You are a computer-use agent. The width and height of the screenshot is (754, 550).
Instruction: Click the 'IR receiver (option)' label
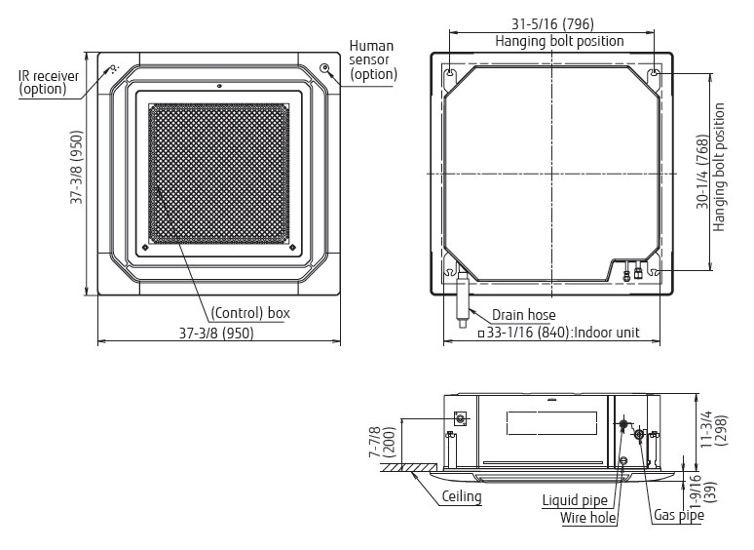click(49, 83)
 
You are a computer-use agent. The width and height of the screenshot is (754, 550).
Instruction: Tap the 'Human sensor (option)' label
click(373, 60)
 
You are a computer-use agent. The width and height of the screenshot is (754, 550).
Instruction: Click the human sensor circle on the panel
click(325, 67)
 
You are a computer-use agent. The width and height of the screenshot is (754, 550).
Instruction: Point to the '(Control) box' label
click(250, 313)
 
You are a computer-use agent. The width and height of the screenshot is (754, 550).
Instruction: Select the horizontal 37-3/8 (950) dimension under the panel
click(216, 333)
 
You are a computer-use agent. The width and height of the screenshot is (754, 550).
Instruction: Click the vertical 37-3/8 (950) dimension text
click(76, 167)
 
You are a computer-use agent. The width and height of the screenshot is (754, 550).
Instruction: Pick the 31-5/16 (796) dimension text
click(552, 23)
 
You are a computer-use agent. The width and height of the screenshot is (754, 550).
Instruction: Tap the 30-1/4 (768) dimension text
click(703, 172)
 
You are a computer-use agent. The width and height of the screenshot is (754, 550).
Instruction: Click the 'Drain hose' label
click(524, 315)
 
